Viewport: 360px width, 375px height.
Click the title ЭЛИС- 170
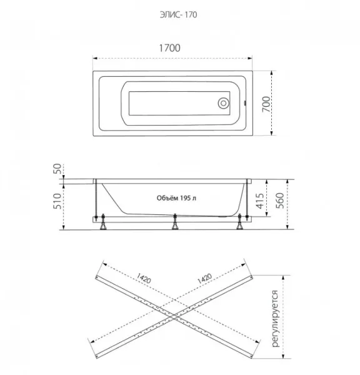tap(179, 15)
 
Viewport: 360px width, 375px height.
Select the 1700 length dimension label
tap(169, 48)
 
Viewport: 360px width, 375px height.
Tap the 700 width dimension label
tap(266, 104)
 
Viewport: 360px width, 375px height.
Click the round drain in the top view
tap(223, 103)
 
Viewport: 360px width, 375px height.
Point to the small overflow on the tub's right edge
tap(245, 103)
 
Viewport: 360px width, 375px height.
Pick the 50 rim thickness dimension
tap(57, 169)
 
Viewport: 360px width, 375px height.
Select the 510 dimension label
tap(57, 201)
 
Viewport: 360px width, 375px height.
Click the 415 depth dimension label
tap(260, 201)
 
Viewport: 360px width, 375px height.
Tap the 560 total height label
tap(280, 201)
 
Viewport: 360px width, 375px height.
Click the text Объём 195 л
tap(176, 198)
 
